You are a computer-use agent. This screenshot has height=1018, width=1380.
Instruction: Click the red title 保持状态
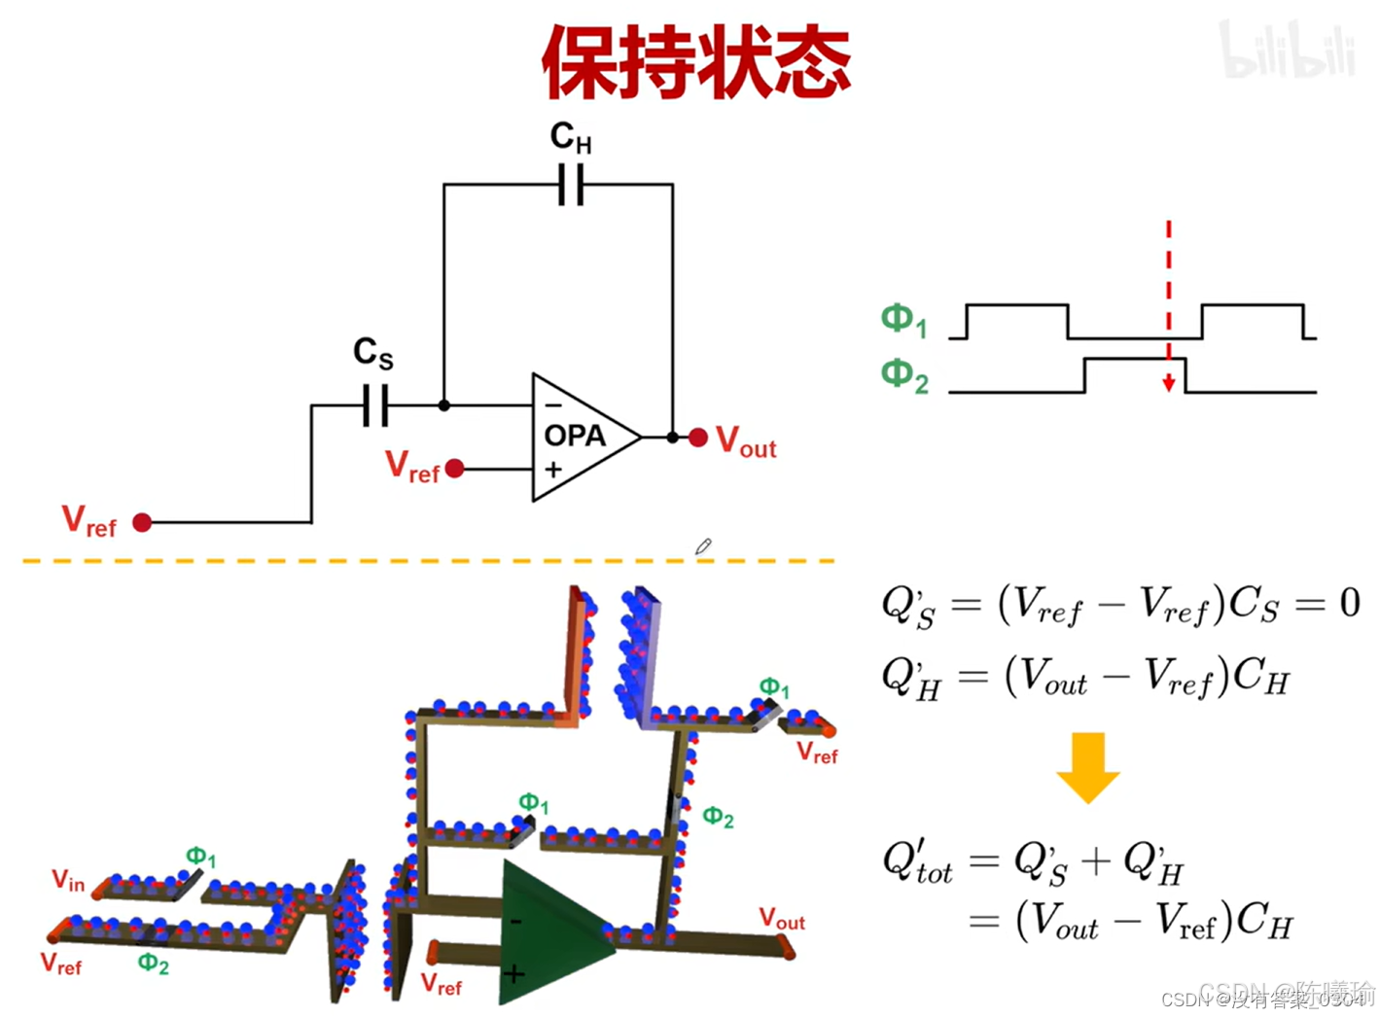pyautogui.click(x=695, y=60)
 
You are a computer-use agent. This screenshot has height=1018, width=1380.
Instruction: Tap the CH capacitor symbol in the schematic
pyautogui.click(x=571, y=184)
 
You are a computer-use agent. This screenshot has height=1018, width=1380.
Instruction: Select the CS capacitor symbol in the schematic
pyautogui.click(x=374, y=404)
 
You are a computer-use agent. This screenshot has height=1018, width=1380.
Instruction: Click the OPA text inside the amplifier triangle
pyautogui.click(x=575, y=436)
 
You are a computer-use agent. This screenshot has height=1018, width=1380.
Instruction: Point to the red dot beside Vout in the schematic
pyautogui.click(x=697, y=438)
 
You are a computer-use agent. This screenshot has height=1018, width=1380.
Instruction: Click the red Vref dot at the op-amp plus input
pyautogui.click(x=454, y=469)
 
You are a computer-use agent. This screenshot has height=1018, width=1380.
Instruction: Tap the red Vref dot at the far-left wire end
pyautogui.click(x=142, y=522)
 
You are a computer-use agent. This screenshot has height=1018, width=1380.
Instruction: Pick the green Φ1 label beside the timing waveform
pyautogui.click(x=903, y=320)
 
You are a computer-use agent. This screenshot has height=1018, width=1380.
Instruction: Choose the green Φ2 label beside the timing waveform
pyautogui.click(x=903, y=375)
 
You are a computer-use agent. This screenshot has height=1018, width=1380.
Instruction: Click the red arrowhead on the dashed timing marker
pyautogui.click(x=1168, y=384)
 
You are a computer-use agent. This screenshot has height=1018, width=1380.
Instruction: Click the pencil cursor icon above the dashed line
pyautogui.click(x=703, y=547)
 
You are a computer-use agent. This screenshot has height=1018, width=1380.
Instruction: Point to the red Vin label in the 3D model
pyautogui.click(x=68, y=881)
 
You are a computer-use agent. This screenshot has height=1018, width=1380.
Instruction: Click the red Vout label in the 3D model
pyautogui.click(x=782, y=919)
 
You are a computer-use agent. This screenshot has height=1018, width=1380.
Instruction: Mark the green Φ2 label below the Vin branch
pyautogui.click(x=153, y=964)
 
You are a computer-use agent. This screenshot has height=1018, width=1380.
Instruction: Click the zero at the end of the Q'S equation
pyautogui.click(x=1349, y=603)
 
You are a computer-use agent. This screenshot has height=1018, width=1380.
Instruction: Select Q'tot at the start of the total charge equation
pyautogui.click(x=916, y=862)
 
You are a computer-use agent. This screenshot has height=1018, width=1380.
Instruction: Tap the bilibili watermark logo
pyautogui.click(x=1287, y=51)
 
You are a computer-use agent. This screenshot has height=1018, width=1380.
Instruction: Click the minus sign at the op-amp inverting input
pyautogui.click(x=552, y=404)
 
